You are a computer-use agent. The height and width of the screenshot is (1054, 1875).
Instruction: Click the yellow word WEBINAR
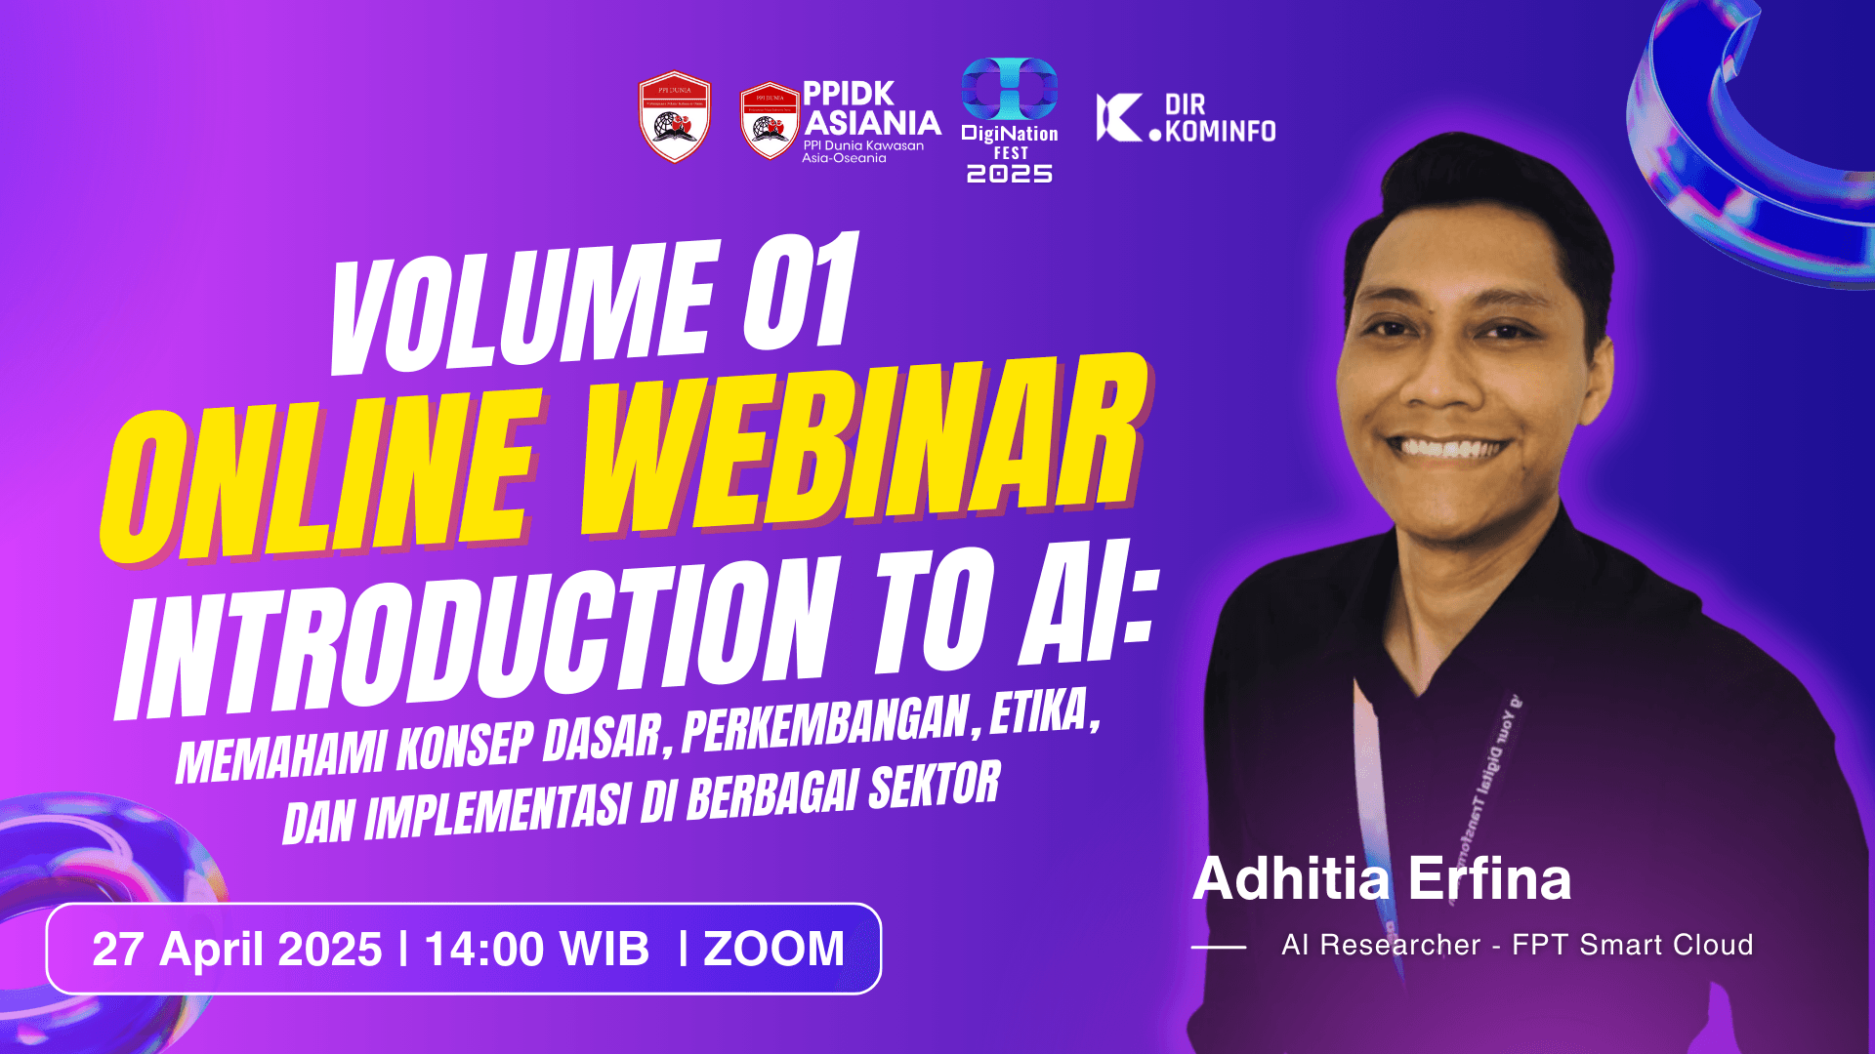[x=864, y=449]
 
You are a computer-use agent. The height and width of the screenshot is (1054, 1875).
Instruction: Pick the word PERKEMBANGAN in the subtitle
[x=825, y=722]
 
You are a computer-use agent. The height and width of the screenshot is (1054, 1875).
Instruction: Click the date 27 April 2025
[x=237, y=950]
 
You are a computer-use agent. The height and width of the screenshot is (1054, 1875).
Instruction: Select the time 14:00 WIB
[x=537, y=950]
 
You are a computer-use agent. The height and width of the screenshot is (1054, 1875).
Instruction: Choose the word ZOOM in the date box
[x=773, y=950]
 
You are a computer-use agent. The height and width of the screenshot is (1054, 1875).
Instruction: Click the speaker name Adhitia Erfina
[x=1382, y=878]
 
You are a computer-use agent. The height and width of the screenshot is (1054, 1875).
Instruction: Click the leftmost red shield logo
[x=675, y=116]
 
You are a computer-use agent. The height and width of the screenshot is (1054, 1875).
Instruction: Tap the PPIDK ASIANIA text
[x=869, y=108]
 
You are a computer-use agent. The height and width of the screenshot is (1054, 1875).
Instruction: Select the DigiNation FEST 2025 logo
[x=1010, y=120]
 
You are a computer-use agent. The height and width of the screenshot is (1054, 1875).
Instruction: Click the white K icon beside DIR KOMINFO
[x=1119, y=118]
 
